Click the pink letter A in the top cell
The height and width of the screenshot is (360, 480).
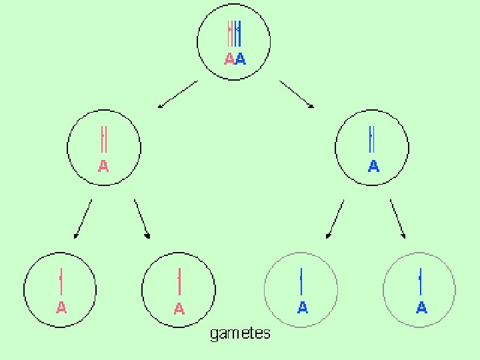[229, 59]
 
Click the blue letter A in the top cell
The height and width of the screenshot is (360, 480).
[241, 59]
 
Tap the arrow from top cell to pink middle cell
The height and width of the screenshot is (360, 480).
[177, 94]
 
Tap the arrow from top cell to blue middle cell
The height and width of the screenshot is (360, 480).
[297, 94]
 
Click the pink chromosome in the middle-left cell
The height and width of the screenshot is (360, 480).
[103, 140]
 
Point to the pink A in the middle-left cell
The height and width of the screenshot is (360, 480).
[103, 165]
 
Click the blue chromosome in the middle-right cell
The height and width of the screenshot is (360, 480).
[372, 139]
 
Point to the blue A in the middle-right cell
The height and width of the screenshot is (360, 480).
[373, 165]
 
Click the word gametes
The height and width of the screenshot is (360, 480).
[241, 333]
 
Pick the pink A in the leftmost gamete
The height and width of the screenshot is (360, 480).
[61, 307]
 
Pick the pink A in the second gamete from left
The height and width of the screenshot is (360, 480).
[179, 309]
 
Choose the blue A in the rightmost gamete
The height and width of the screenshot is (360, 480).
[421, 307]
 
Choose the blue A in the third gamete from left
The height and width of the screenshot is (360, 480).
[302, 307]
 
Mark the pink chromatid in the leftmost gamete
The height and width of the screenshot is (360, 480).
[61, 281]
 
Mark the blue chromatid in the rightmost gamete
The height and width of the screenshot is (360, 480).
[420, 281]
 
